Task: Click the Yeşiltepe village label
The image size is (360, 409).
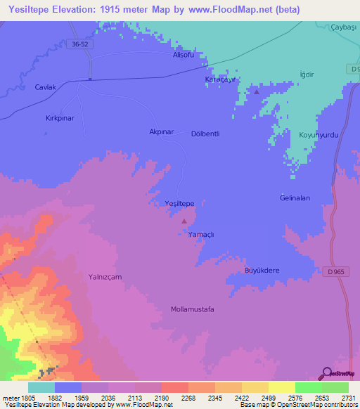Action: [179, 202]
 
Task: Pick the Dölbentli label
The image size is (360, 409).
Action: [206, 134]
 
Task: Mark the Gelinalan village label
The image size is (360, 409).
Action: [295, 198]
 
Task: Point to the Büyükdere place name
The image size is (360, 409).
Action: [262, 271]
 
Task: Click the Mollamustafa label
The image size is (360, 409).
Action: [192, 309]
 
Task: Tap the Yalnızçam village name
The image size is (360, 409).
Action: [105, 277]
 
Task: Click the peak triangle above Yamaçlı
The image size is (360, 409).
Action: [185, 221]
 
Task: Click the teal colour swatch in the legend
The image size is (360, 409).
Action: [41, 387]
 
